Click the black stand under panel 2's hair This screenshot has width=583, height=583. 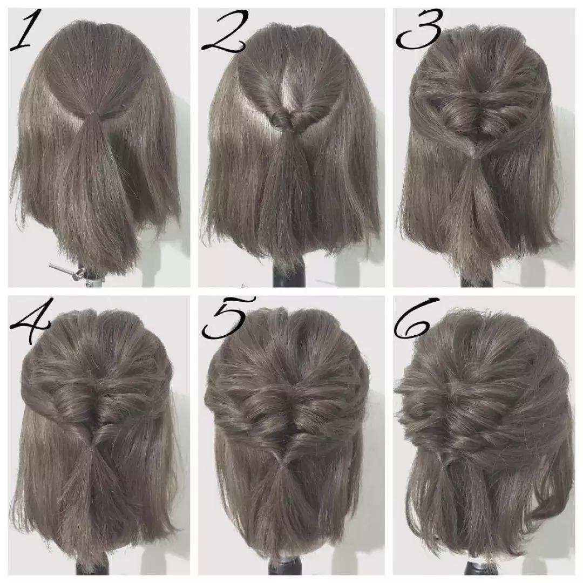(x=289, y=273)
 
